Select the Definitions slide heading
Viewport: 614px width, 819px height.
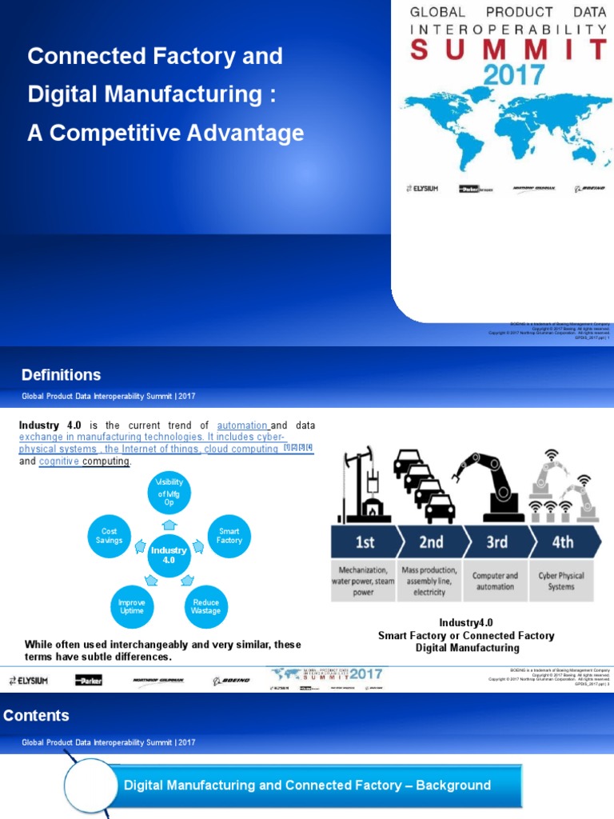[x=61, y=374]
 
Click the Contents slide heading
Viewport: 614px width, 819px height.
[x=36, y=716]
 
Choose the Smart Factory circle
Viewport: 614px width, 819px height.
[x=229, y=536]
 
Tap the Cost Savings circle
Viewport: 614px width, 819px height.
[x=110, y=536]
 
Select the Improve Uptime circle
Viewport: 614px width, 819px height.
[x=131, y=606]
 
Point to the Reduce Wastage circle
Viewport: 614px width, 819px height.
[x=206, y=606]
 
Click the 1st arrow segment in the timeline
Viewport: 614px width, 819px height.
[x=364, y=542]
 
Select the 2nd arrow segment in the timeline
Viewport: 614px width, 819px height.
[x=431, y=542]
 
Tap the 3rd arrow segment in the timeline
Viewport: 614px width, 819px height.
[x=496, y=542]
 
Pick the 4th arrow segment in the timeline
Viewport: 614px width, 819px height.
[x=563, y=542]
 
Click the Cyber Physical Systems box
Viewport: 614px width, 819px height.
[x=561, y=581]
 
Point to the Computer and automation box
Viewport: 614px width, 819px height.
[x=495, y=581]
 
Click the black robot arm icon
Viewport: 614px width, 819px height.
[x=492, y=485]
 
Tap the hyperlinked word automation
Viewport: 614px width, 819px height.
[x=242, y=425]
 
